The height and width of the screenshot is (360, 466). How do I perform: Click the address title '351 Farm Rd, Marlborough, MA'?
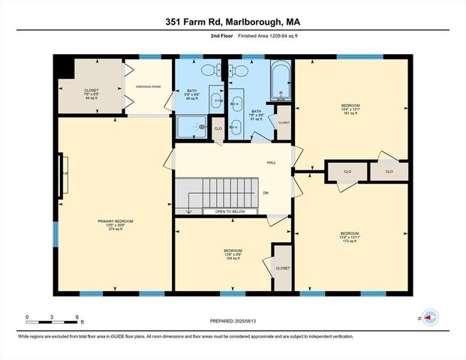coord(233,22)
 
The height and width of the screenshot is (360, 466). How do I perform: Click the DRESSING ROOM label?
coord(148,87)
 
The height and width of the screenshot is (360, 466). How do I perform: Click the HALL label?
coord(271,163)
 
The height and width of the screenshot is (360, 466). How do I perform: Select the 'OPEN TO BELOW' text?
coord(230,212)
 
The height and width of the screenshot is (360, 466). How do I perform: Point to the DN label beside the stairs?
coord(266,193)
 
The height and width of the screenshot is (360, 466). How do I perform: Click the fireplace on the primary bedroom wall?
coord(63,172)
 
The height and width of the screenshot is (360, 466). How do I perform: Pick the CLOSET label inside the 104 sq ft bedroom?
coord(282,268)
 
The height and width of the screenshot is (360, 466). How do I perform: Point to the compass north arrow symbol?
coord(428,317)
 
